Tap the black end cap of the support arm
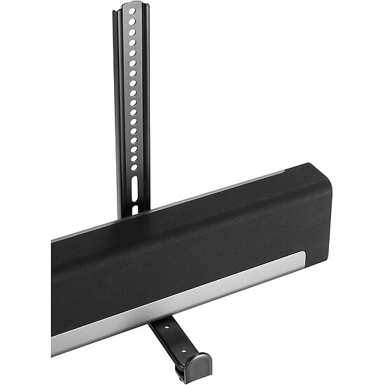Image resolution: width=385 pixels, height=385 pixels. click(195, 365)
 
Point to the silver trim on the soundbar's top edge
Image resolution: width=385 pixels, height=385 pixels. click(210, 188)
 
